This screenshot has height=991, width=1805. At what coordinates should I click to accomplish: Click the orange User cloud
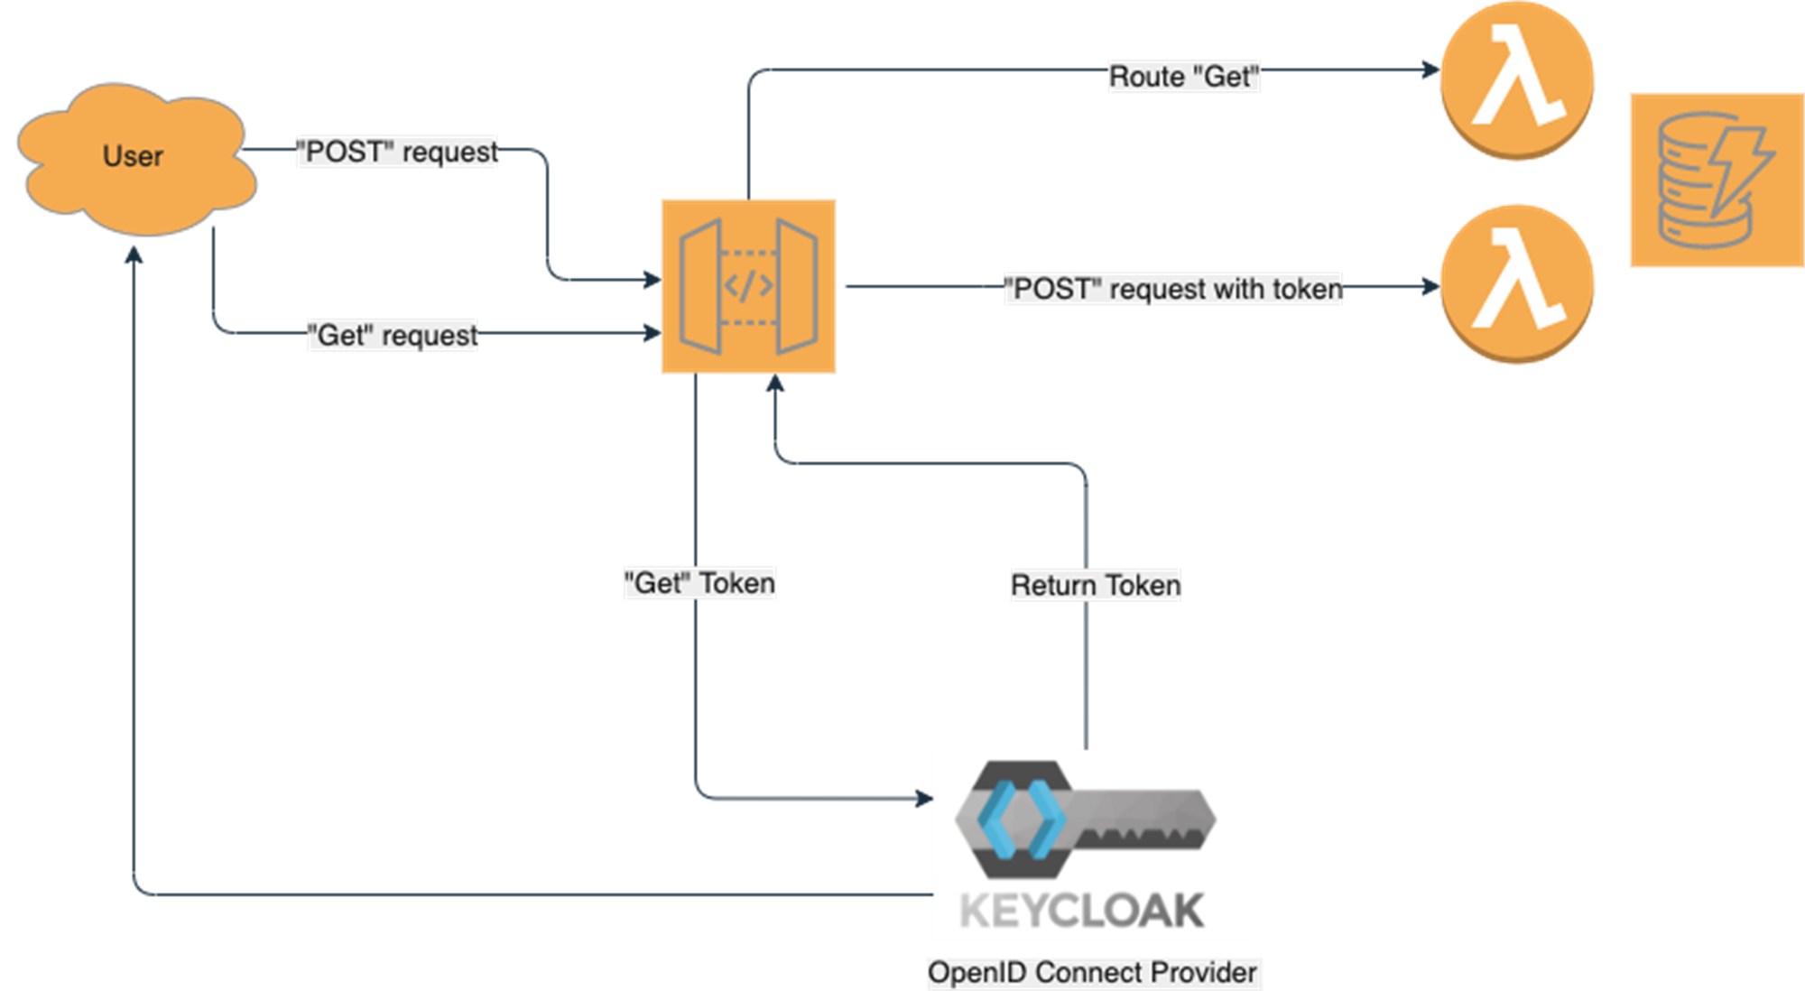pyautogui.click(x=135, y=158)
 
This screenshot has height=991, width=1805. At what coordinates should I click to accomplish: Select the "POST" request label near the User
pyautogui.click(x=398, y=152)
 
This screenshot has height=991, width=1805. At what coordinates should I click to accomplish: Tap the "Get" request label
pyautogui.click(x=393, y=335)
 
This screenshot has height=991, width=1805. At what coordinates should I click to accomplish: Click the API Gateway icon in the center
pyautogui.click(x=748, y=286)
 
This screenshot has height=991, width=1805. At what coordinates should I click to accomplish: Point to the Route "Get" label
pyautogui.click(x=1183, y=77)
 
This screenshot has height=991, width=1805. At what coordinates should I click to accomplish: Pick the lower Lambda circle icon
pyautogui.click(x=1516, y=284)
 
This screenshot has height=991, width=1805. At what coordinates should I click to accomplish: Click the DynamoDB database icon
pyautogui.click(x=1715, y=181)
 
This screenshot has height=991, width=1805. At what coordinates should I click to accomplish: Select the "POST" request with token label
pyautogui.click(x=1173, y=289)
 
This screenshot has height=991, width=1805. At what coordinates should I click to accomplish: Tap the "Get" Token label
pyautogui.click(x=700, y=583)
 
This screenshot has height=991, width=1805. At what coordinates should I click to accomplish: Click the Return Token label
pyautogui.click(x=1096, y=586)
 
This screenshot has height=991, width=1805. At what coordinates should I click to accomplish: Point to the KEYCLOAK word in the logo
pyautogui.click(x=1081, y=911)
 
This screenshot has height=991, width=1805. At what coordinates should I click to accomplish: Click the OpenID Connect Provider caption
pyautogui.click(x=1092, y=973)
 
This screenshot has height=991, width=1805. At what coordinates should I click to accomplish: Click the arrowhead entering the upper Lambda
pyautogui.click(x=1430, y=69)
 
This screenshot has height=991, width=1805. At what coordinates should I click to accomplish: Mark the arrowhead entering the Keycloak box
pyautogui.click(x=923, y=798)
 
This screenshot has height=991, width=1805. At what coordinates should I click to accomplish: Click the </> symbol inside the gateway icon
pyautogui.click(x=748, y=286)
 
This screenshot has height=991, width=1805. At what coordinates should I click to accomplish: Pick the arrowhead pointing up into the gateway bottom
pyautogui.click(x=774, y=384)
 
